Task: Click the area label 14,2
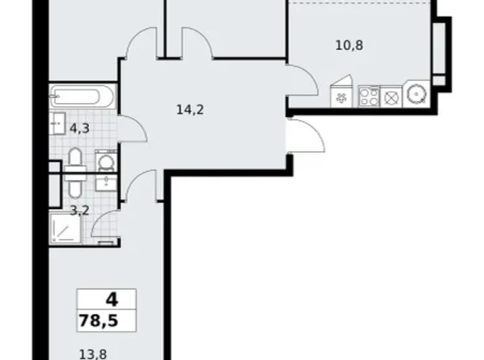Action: pos(190,110)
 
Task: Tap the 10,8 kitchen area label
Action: pos(349,45)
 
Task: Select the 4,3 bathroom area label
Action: pos(79,128)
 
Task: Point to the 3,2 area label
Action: pos(79,211)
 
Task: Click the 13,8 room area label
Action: pos(93,354)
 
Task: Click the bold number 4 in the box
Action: pos(112,300)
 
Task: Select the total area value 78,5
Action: pos(99,320)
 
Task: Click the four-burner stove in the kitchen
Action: pos(369,97)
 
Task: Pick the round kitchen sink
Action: pos(416,94)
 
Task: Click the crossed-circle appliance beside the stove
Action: pos(392,97)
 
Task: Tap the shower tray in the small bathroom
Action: pos(66,228)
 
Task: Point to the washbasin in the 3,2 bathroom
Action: pos(106,182)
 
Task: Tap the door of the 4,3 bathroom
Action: pos(133,128)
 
